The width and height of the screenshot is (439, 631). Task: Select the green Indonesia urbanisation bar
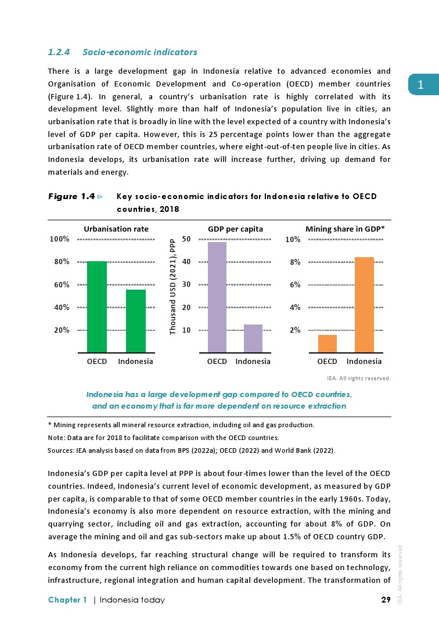click(x=136, y=321)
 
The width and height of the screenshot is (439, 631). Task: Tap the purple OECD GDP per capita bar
click(x=217, y=297)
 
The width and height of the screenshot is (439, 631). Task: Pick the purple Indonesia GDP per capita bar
click(x=253, y=338)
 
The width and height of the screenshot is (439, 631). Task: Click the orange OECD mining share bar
click(x=328, y=344)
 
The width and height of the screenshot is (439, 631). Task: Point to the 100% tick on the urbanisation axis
click(x=59, y=239)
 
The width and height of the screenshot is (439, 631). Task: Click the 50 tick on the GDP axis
click(x=186, y=239)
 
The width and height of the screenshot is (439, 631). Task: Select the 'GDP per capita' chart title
click(x=235, y=229)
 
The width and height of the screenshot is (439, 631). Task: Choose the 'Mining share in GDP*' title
click(x=345, y=229)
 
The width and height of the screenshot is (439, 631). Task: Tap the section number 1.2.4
click(x=59, y=52)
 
